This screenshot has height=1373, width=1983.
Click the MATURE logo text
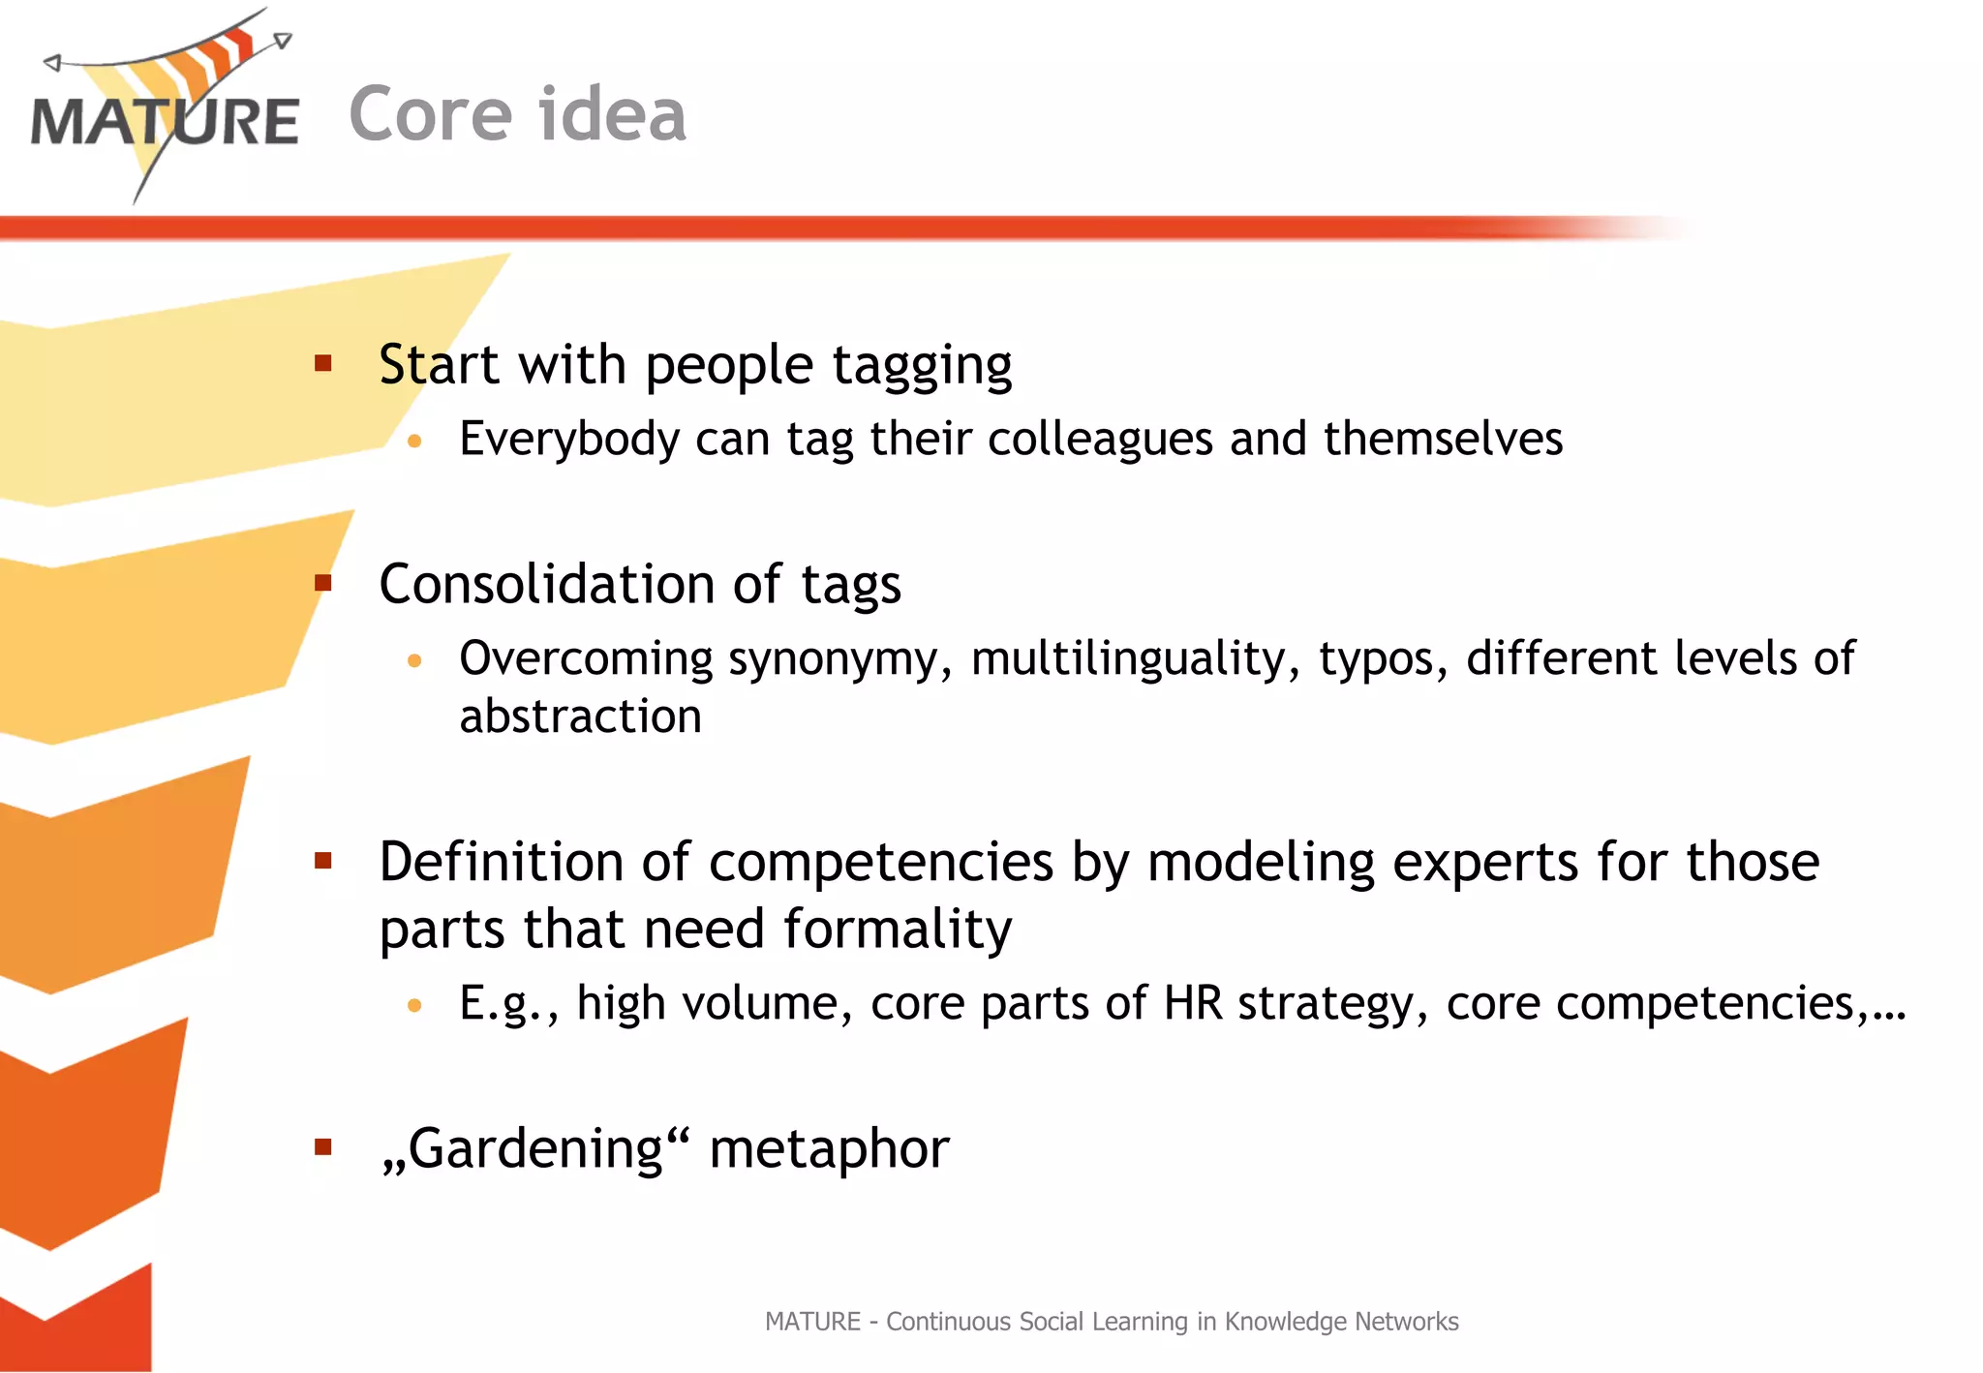[165, 122]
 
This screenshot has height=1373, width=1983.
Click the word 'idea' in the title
[612, 114]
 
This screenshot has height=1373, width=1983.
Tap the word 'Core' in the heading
[430, 114]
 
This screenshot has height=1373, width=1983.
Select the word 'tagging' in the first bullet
[922, 366]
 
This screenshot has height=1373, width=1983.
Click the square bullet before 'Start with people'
[323, 364]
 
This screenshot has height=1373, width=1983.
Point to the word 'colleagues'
[1100, 440]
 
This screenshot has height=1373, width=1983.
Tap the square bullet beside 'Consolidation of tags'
[323, 583]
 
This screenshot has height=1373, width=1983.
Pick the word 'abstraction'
[580, 717]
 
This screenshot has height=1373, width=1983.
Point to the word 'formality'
[897, 930]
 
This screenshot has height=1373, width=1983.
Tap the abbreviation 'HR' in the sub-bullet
[1193, 1003]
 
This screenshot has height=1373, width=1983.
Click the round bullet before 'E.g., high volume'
[414, 1005]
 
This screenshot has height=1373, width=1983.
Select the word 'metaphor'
[829, 1149]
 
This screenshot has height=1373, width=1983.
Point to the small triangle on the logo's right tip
[282, 41]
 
